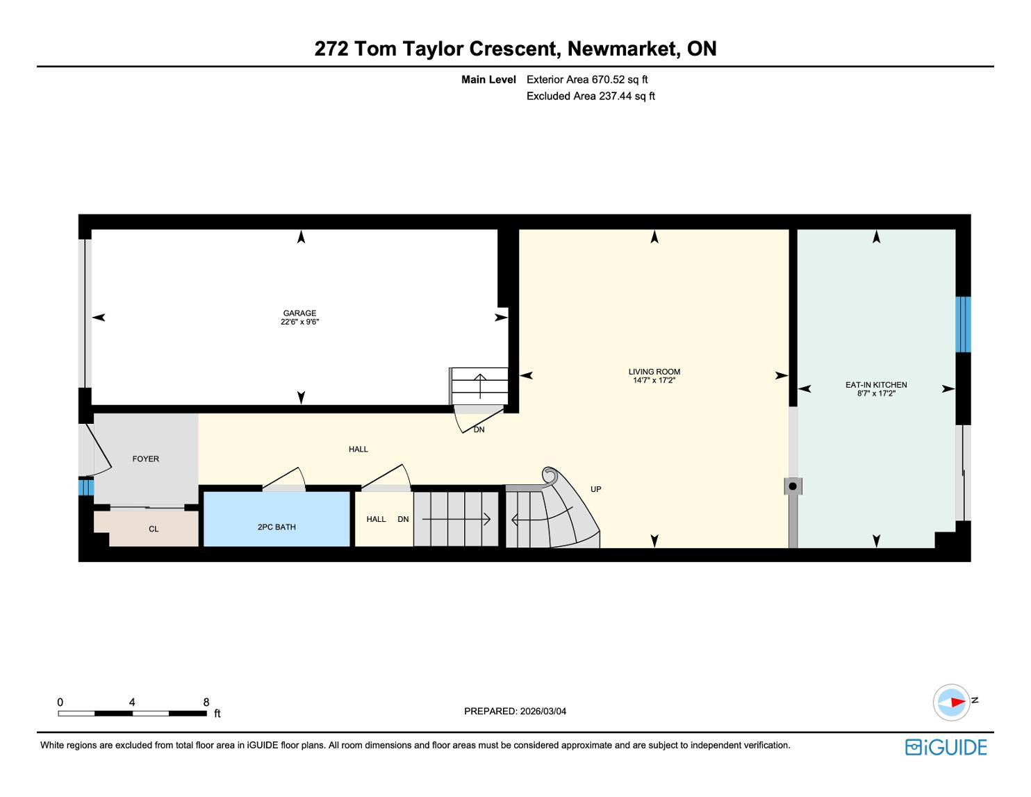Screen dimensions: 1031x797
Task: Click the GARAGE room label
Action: (x=299, y=313)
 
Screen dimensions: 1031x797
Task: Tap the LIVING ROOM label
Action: (x=654, y=372)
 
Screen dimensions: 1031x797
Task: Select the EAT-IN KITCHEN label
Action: (x=875, y=384)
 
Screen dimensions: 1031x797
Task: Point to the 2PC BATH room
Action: (x=277, y=527)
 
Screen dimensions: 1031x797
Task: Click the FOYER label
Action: (x=146, y=459)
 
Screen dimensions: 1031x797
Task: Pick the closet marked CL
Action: (x=154, y=529)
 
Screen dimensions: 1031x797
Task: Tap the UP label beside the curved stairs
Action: (x=595, y=489)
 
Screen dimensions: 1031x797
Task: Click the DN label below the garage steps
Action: (x=479, y=429)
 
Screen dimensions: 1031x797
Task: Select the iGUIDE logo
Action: (x=946, y=747)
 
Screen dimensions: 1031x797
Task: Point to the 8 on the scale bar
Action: (x=206, y=702)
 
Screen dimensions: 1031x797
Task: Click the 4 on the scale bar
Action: (x=132, y=702)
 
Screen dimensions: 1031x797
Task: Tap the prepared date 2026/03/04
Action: (x=543, y=711)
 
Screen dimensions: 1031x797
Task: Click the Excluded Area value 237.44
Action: (x=616, y=96)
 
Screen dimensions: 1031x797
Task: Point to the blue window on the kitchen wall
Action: (x=963, y=324)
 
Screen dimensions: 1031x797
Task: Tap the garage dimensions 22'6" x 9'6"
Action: (x=299, y=322)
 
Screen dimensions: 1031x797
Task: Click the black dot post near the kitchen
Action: (x=793, y=486)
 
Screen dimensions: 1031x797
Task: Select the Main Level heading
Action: (x=488, y=79)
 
